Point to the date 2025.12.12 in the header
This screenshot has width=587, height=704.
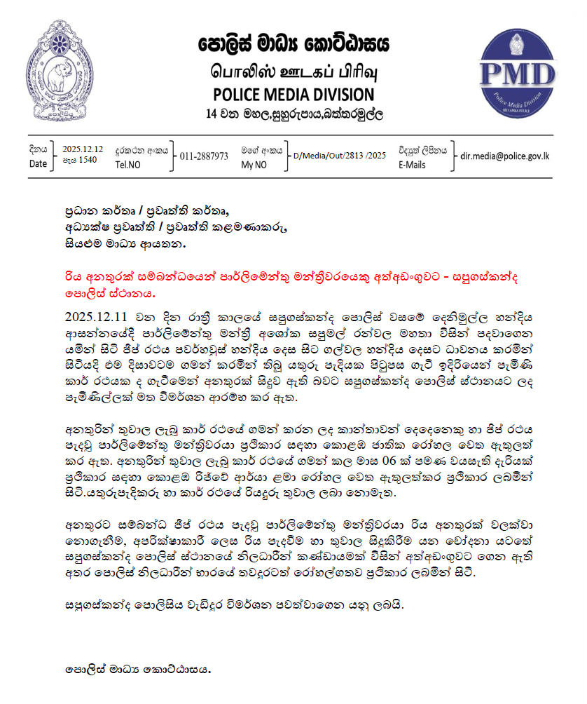point(83,149)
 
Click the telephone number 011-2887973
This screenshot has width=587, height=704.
point(204,156)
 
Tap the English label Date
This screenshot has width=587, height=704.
point(39,163)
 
